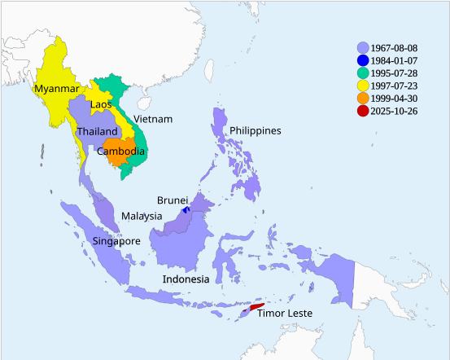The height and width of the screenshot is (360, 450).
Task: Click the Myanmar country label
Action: click(57, 89)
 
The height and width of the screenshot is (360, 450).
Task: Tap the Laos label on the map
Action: click(101, 104)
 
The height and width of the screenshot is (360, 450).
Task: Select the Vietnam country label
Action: click(153, 119)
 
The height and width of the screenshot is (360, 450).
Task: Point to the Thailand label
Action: click(97, 131)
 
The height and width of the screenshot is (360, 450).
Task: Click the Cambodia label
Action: click(121, 151)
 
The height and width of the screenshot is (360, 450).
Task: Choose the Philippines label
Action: click(255, 130)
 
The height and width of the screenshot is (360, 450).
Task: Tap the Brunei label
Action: click(173, 200)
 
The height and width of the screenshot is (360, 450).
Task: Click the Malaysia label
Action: click(142, 216)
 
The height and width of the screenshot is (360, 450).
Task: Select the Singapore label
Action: click(116, 241)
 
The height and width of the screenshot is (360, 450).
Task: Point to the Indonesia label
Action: click(186, 279)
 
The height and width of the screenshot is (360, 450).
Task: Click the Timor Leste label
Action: click(285, 314)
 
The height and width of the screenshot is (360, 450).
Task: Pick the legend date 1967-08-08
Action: click(394, 48)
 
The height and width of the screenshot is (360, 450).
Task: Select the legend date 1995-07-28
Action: click(394, 74)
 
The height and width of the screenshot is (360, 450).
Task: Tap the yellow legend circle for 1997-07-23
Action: click(362, 86)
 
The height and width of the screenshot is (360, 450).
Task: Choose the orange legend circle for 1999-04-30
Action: click(362, 99)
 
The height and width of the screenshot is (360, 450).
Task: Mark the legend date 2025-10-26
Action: click(394, 112)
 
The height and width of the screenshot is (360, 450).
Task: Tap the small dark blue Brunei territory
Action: click(186, 209)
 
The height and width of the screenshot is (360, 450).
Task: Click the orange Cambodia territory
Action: click(122, 159)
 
